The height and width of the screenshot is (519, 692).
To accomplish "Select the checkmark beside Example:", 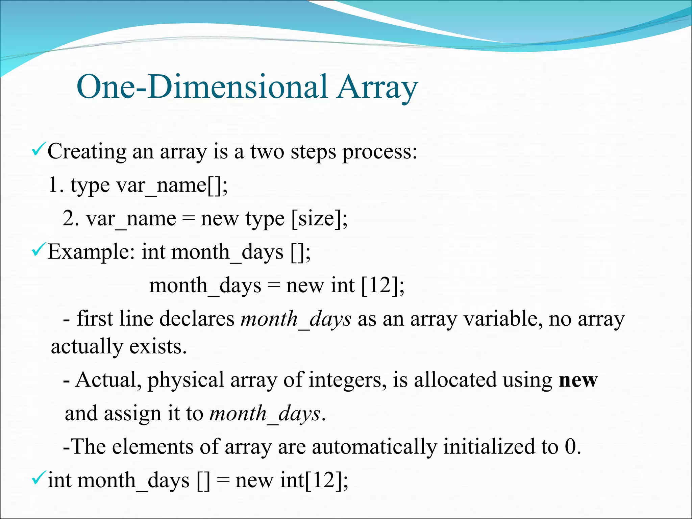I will (x=37, y=250).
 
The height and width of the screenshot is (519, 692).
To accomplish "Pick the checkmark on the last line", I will (x=37, y=478).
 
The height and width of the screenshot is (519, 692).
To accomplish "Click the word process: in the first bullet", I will (x=380, y=152).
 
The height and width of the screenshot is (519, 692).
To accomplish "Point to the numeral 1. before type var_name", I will (x=56, y=185).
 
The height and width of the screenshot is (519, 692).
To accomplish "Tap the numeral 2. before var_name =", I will (x=71, y=219).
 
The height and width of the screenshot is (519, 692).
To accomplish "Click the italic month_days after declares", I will (x=296, y=319).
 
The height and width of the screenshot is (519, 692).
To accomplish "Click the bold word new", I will (x=578, y=380).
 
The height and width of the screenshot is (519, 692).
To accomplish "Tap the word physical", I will (x=186, y=380).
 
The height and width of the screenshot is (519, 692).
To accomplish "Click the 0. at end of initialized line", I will (x=572, y=447).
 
